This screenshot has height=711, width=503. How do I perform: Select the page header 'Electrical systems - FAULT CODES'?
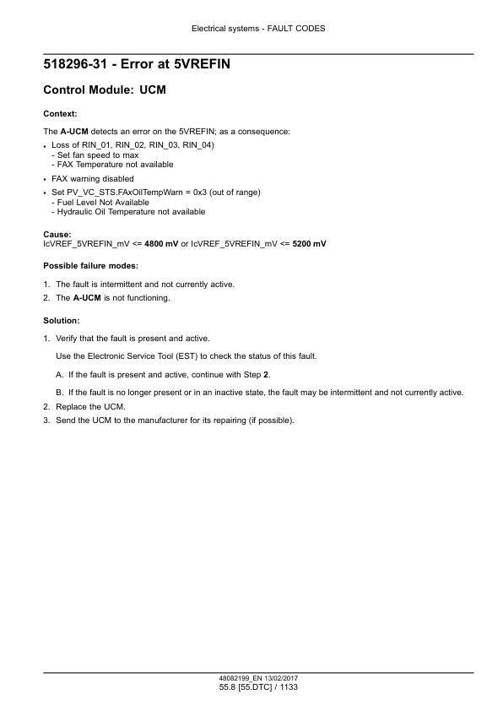tap(251, 28)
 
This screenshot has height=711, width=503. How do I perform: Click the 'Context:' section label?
tap(60, 113)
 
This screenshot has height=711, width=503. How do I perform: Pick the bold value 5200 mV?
tap(310, 243)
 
